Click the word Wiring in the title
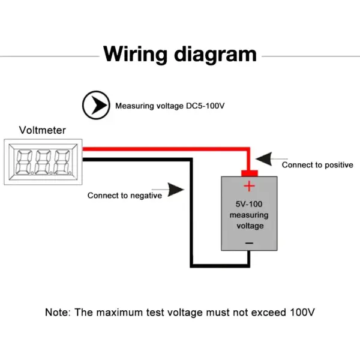pos(135,55)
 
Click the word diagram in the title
pos(215,55)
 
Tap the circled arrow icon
pos(96,105)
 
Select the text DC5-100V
pos(205,106)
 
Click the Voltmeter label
pos(43,130)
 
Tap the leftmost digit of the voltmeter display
pos(23,161)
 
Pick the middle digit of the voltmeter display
pos(43,161)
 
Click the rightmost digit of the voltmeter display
pos(62,161)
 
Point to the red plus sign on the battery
pos(249,186)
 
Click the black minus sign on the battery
pos(250,243)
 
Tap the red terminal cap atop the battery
pos(250,173)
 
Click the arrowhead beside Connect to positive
pos(264,158)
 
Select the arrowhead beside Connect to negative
pos(176,190)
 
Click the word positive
pos(339,165)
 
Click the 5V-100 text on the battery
pos(249,204)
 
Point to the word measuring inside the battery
pos(249,215)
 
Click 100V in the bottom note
pos(302,312)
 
